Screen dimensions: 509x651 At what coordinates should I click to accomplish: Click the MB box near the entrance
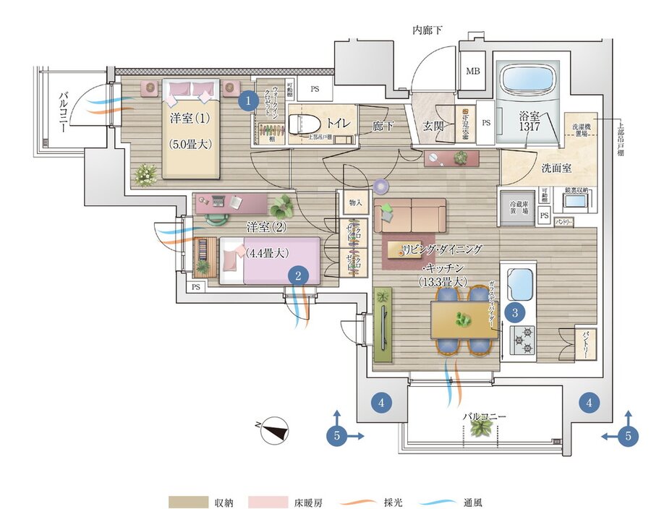tap(472, 71)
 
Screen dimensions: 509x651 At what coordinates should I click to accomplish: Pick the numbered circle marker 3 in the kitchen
tap(515, 312)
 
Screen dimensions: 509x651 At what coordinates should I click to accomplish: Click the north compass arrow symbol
tap(273, 431)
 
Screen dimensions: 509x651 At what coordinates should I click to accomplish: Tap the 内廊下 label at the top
tap(427, 30)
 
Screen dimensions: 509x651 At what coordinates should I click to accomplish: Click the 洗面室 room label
tap(556, 168)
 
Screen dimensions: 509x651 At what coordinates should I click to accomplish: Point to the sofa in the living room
tap(410, 215)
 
